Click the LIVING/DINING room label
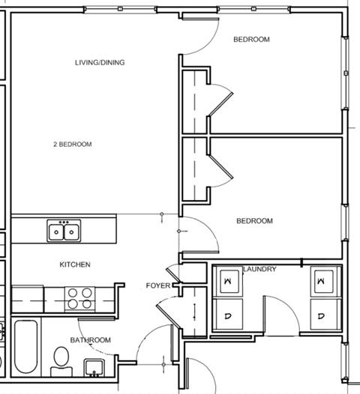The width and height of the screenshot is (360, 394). [x=100, y=62]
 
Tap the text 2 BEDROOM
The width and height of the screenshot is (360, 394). [x=73, y=144]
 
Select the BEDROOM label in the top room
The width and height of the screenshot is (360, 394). [x=250, y=39]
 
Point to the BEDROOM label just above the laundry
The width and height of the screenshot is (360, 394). [x=254, y=221]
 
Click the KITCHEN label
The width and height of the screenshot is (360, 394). [x=75, y=264]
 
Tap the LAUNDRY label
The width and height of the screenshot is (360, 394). [x=260, y=269]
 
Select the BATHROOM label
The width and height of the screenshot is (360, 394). [x=90, y=340]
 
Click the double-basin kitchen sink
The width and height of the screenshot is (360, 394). [x=64, y=231]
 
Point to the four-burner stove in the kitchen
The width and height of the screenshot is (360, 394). [x=81, y=298]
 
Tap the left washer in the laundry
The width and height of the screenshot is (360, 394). [x=228, y=281]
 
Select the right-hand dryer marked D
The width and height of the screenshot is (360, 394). [x=321, y=315]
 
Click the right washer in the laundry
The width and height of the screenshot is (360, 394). [x=321, y=281]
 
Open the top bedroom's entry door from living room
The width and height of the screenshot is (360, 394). [x=197, y=46]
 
